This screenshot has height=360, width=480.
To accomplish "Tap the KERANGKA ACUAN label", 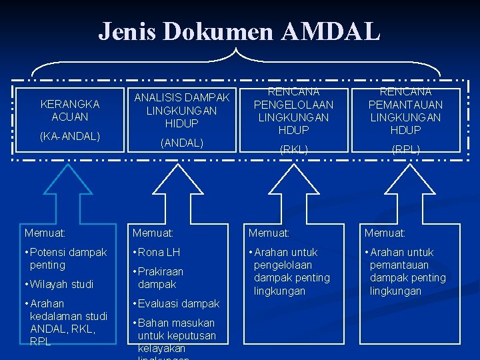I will click(x=69, y=110).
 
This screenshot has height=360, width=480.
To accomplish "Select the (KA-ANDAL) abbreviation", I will click(x=69, y=136).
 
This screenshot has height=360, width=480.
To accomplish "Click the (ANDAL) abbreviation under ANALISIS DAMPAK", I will click(x=181, y=142).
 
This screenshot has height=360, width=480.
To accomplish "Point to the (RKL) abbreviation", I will click(x=293, y=149).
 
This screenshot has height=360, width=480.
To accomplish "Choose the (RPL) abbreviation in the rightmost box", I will click(x=405, y=149).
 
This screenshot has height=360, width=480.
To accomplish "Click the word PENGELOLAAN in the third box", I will click(x=293, y=105).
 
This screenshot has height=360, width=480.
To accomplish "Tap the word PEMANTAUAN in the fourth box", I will click(x=405, y=105).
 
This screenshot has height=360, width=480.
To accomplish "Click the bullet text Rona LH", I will click(x=159, y=252).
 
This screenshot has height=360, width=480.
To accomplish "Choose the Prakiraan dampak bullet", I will click(x=160, y=277).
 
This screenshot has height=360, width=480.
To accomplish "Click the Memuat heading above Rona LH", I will click(x=153, y=233).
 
